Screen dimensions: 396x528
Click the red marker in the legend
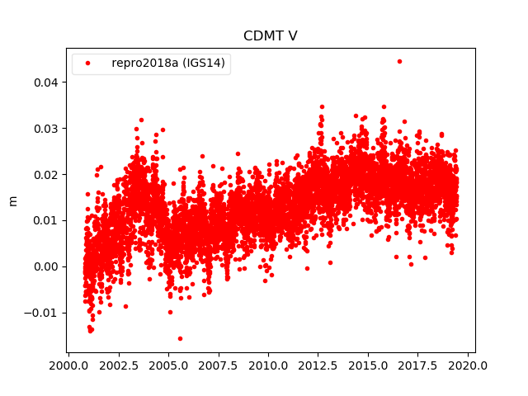(x=87, y=64)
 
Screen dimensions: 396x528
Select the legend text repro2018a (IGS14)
(x=168, y=64)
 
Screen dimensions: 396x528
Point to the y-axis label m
(x=12, y=200)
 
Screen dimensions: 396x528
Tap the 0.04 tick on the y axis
(x=45, y=82)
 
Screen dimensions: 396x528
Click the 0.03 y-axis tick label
(x=45, y=129)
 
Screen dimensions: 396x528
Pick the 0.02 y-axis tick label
(x=45, y=174)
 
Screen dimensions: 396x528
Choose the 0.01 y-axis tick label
(x=45, y=220)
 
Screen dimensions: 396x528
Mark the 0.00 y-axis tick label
(x=45, y=266)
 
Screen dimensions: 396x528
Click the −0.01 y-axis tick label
(x=41, y=313)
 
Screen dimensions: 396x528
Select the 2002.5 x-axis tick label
(x=118, y=365)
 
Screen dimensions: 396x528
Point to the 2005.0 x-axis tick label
(x=168, y=365)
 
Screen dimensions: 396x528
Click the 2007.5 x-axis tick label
(x=219, y=365)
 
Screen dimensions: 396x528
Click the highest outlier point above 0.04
(x=399, y=61)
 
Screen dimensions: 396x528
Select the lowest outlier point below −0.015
(x=180, y=338)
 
